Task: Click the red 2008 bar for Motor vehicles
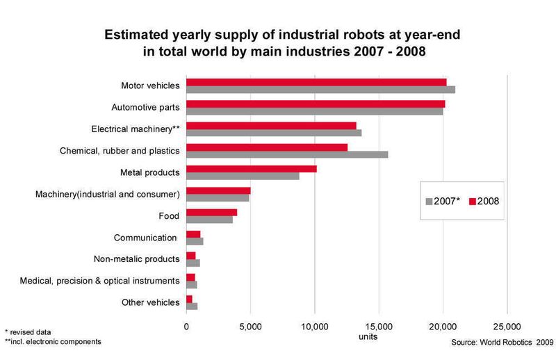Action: point(316,83)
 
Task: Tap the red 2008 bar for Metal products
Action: point(252,169)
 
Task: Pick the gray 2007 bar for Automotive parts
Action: point(314,111)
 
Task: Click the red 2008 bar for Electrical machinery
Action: point(271,126)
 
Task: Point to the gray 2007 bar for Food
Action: point(209,220)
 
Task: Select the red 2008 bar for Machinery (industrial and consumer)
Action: point(218,190)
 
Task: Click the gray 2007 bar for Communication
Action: point(195,241)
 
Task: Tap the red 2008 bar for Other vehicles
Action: point(189,299)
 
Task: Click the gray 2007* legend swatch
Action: point(429,201)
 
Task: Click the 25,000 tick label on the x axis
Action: point(506,326)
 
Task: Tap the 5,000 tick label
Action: point(250,326)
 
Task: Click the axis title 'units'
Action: point(368,336)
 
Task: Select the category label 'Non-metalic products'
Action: point(137,259)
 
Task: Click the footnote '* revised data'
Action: point(28,332)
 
